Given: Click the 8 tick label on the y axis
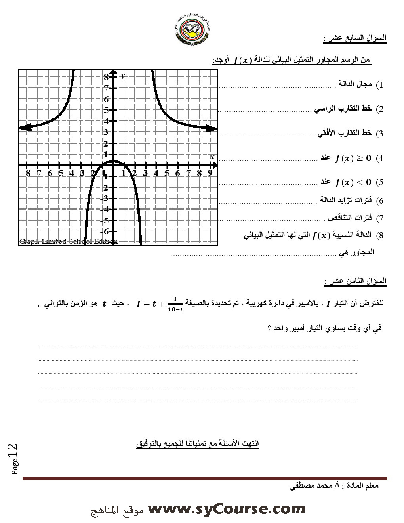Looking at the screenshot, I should click(106, 77).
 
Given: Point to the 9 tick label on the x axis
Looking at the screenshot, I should click(210, 173).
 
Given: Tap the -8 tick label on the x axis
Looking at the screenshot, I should click(26, 173).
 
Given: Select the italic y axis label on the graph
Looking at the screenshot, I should click(123, 76).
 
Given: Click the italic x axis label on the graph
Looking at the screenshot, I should click(212, 157).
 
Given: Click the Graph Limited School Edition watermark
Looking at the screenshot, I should click(68, 241).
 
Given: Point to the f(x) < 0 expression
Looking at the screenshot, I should click(353, 183).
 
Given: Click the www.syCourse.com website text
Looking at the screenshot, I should click(226, 508).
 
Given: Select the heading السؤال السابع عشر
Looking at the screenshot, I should click(354, 38).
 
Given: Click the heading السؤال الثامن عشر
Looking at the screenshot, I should click(355, 281).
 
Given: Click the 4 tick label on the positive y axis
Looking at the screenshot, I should click(106, 121).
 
